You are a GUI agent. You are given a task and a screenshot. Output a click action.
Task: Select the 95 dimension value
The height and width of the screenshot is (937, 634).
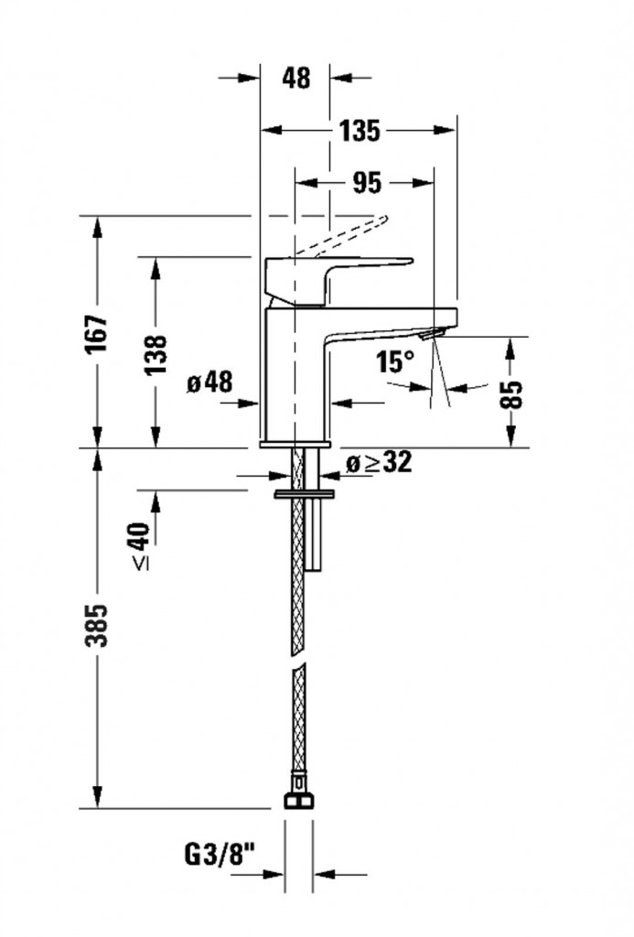(365, 183)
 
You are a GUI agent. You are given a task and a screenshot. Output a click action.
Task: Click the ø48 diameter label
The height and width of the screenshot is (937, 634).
(209, 382)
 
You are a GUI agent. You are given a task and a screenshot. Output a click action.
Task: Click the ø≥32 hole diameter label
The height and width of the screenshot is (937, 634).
(378, 463)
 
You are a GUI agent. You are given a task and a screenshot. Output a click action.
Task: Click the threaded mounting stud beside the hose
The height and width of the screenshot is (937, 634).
(316, 540)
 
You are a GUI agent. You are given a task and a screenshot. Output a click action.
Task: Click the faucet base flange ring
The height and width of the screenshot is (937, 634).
(295, 444)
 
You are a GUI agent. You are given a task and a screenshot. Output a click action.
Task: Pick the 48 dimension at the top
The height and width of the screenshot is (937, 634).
(296, 79)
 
